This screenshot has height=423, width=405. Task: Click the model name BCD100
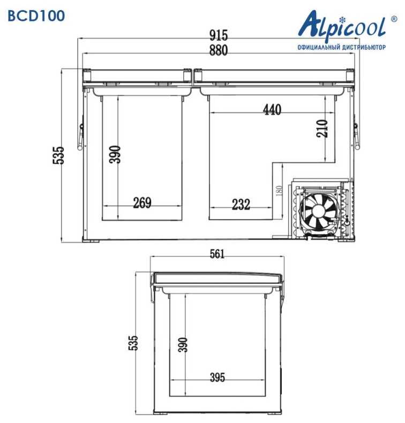point(36,16)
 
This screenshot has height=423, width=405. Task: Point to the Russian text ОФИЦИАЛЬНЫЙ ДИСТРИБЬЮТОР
point(341,47)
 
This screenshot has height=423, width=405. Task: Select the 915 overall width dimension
point(219,36)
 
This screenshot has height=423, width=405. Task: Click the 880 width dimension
point(219,51)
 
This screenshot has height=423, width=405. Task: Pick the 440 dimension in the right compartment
point(272,110)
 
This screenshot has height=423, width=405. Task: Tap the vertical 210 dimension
point(321,129)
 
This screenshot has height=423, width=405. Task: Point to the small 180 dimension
point(278,191)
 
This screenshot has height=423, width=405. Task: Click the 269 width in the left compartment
point(142,203)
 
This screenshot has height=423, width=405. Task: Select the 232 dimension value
point(241,204)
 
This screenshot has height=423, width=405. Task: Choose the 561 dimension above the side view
point(217,254)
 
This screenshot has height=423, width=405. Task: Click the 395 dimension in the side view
point(217,377)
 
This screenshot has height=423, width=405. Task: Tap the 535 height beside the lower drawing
point(133,343)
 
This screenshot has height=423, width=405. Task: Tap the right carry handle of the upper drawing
point(355,137)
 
